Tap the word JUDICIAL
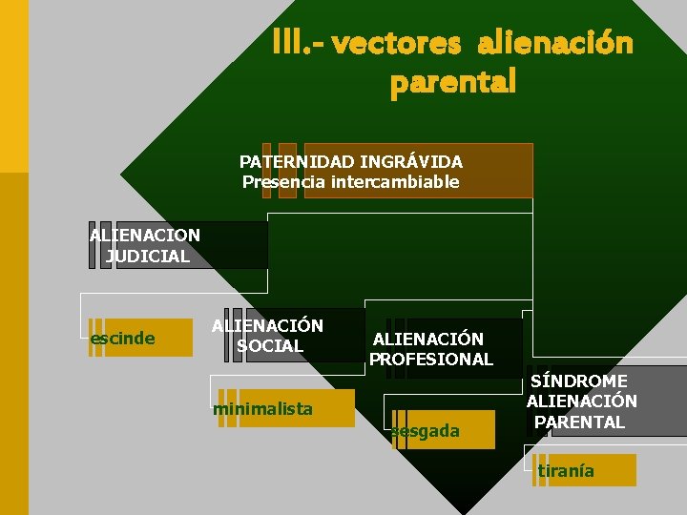point(148,256)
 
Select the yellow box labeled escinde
point(140,338)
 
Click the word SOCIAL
point(269,346)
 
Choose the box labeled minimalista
point(285,408)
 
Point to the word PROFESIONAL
point(431,360)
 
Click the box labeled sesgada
point(443,430)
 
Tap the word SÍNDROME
point(579,381)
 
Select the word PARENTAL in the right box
point(579,422)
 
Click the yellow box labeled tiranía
point(585,470)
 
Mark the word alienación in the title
point(554,44)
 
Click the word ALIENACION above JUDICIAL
point(145,235)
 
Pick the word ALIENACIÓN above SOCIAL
point(268,326)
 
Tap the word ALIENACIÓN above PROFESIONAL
point(428,339)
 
